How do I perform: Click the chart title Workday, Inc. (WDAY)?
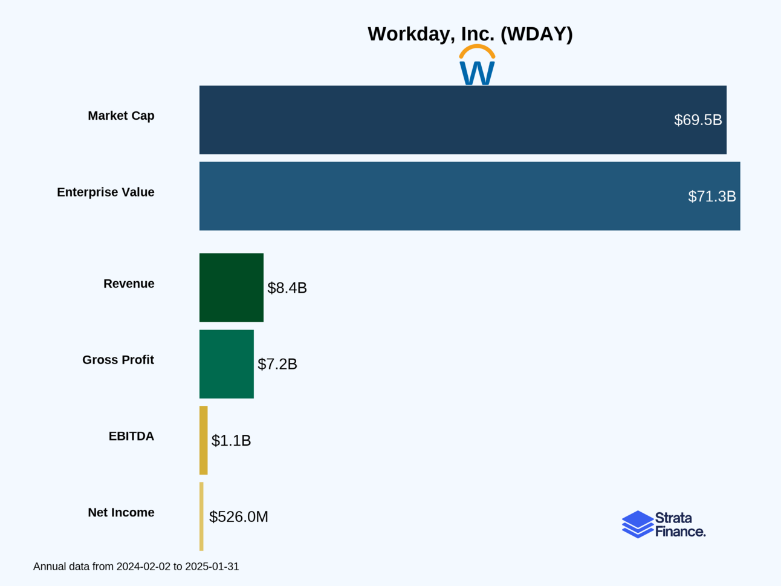click(x=470, y=34)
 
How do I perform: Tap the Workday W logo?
click(x=477, y=65)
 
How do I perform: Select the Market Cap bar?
click(x=423, y=120)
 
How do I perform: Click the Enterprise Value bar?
click(x=423, y=196)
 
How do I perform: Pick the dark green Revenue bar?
click(x=232, y=288)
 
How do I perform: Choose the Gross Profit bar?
click(x=227, y=364)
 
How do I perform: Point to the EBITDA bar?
click(x=204, y=440)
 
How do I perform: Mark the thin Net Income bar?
click(x=201, y=516)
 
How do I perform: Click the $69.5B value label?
click(x=698, y=120)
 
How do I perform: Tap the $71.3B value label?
click(x=711, y=196)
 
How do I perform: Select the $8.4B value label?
click(x=287, y=288)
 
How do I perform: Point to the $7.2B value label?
click(x=277, y=364)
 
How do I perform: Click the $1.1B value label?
click(x=231, y=440)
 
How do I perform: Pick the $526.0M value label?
click(x=238, y=516)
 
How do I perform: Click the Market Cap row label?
click(x=121, y=116)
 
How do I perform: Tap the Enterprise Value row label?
click(x=106, y=192)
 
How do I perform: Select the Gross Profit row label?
click(x=118, y=360)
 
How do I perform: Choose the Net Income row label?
click(x=121, y=512)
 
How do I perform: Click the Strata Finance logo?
click(x=663, y=524)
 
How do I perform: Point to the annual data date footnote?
click(x=136, y=567)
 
